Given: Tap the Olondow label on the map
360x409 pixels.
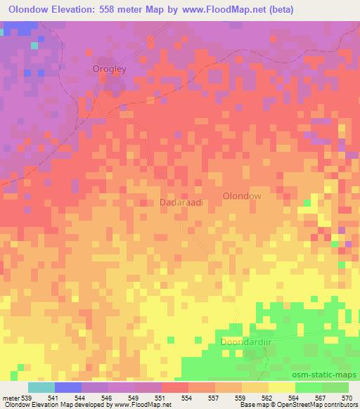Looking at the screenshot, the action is [241, 197].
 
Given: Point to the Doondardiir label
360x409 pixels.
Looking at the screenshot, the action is [240, 340].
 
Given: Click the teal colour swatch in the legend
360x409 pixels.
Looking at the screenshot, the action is [41, 387].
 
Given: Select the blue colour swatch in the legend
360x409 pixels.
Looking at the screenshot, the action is [67, 387].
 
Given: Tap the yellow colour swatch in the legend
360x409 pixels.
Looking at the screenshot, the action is [281, 387].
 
